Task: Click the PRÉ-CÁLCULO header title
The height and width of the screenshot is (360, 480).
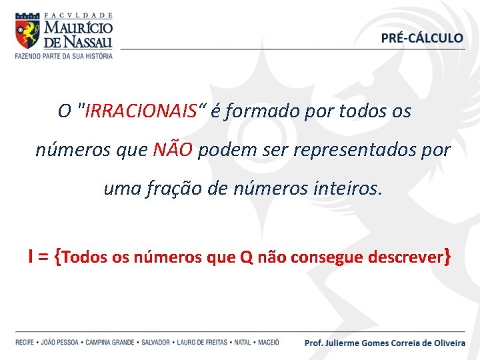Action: coord(422,38)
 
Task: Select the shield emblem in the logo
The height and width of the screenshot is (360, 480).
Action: coord(27,31)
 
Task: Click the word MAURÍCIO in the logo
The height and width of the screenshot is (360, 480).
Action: coord(78,27)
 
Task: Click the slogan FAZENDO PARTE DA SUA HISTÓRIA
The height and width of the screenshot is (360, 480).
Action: coord(64,55)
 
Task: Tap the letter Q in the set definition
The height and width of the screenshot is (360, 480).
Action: coord(245,257)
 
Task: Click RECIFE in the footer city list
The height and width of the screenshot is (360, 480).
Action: coord(25,343)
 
